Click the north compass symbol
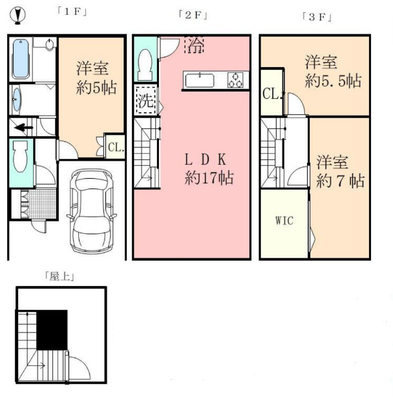point(15,13)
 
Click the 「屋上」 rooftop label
point(62,276)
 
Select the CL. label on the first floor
point(115,147)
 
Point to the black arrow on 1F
point(23,127)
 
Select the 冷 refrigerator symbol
point(194,45)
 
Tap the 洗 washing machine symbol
point(145,101)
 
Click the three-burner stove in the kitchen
point(236,81)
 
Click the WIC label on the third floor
point(284,221)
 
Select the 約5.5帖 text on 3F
point(333,82)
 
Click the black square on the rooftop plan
point(52,330)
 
